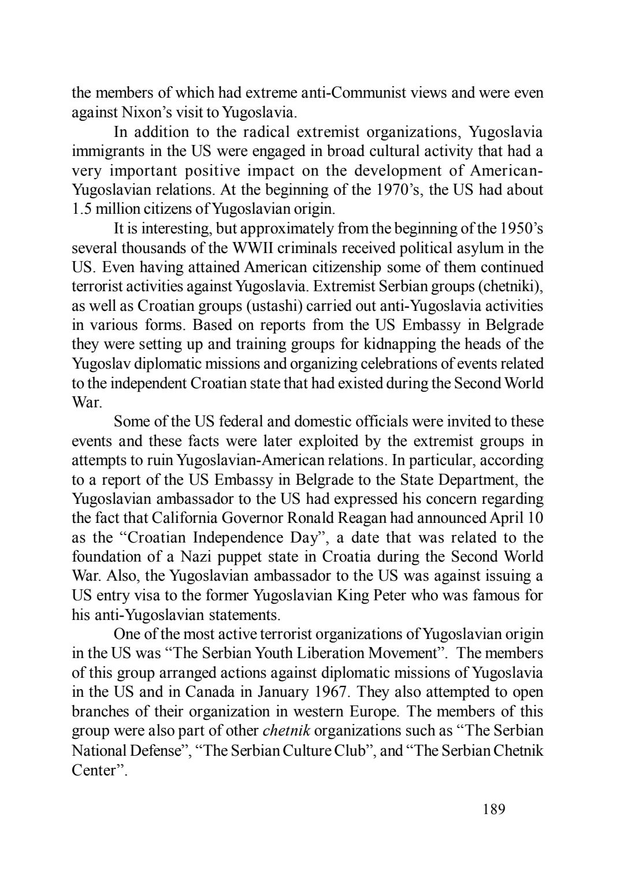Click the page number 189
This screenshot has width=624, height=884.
tap(493, 809)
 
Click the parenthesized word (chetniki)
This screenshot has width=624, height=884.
tap(511, 287)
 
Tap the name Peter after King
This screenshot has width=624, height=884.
tap(390, 595)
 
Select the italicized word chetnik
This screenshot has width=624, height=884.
tap(287, 730)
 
